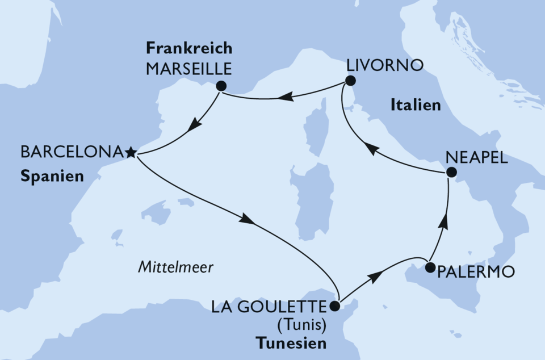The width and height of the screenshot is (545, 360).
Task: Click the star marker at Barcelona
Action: click(131, 152)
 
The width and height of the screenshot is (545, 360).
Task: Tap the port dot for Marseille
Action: click(221, 86)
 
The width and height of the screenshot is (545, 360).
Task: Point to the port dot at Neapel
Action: click(451, 172)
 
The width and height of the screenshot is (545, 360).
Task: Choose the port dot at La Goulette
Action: click(334, 307)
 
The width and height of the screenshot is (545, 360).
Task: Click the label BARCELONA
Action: click(72, 152)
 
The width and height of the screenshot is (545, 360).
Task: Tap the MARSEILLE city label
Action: click(189, 69)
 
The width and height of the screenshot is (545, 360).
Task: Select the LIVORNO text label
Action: click(385, 65)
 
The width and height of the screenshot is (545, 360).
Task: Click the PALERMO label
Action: click(476, 272)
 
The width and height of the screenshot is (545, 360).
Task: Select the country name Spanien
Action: click(52, 177)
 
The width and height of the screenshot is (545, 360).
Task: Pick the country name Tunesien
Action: click(291, 344)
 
